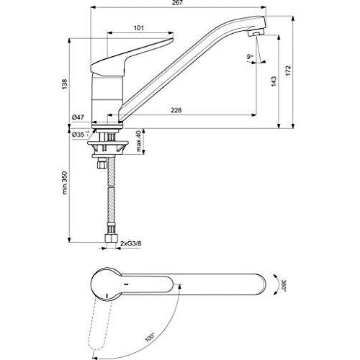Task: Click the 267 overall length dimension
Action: pyautogui.click(x=177, y=3)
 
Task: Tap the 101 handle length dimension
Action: pyautogui.click(x=139, y=28)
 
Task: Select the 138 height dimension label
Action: pyautogui.click(x=65, y=84)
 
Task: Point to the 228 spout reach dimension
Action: pyautogui.click(x=176, y=110)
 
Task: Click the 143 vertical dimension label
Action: pyautogui.click(x=274, y=81)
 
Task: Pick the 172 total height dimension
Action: pyautogui.click(x=288, y=71)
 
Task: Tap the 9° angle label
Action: pyautogui.click(x=250, y=57)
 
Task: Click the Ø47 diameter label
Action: pyautogui.click(x=78, y=117)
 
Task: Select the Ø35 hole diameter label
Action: pyautogui.click(x=80, y=135)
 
